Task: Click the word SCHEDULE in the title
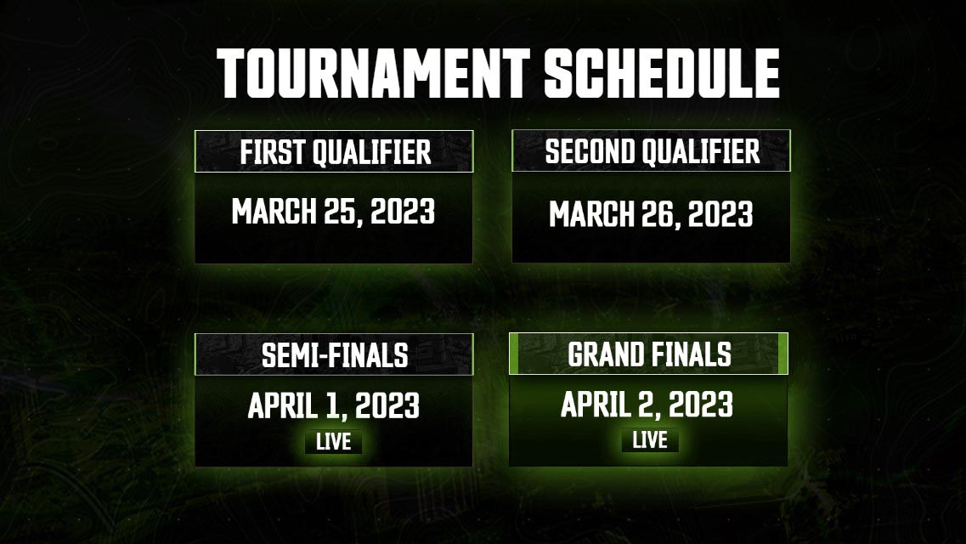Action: point(662,74)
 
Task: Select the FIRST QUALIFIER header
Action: point(335,153)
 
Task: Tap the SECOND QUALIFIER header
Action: point(652,151)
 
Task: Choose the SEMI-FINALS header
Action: point(334,355)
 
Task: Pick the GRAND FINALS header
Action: point(649,354)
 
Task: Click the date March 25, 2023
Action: point(333,212)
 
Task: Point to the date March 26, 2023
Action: point(651,214)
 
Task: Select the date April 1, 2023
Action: point(333,406)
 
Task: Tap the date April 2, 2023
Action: point(647,405)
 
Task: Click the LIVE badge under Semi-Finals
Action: point(333,442)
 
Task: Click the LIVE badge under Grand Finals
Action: point(649,440)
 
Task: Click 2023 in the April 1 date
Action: point(387,406)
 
